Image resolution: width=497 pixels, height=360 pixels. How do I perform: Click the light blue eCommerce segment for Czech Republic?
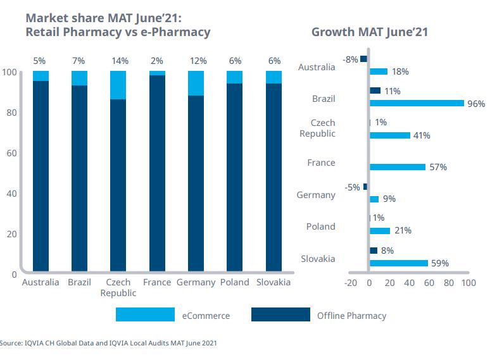[x=118, y=85]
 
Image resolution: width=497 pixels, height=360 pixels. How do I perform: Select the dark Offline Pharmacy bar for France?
[x=157, y=174]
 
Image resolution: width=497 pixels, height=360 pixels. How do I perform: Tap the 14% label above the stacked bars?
[x=120, y=61]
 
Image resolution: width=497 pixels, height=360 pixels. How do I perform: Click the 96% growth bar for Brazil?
[x=417, y=103]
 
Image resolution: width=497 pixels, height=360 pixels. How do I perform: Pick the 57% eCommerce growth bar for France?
[x=398, y=167]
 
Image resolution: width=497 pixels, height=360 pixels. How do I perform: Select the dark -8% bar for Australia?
[x=364, y=59]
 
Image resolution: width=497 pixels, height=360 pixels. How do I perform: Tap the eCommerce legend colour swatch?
[x=145, y=314]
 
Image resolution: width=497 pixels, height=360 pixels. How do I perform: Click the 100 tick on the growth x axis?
[x=469, y=283]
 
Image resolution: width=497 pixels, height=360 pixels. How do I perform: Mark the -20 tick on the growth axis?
[x=350, y=283]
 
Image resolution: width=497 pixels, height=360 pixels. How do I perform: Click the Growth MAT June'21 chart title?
[x=370, y=32]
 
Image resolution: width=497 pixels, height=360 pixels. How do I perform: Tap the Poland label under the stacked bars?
[x=235, y=282]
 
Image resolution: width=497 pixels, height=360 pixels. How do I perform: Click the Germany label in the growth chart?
[x=316, y=195]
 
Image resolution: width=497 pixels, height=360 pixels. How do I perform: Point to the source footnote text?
[x=108, y=344]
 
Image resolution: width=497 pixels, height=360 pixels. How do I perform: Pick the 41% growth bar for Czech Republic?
[x=389, y=135]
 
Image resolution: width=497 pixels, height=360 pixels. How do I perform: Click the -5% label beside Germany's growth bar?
[x=352, y=187]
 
